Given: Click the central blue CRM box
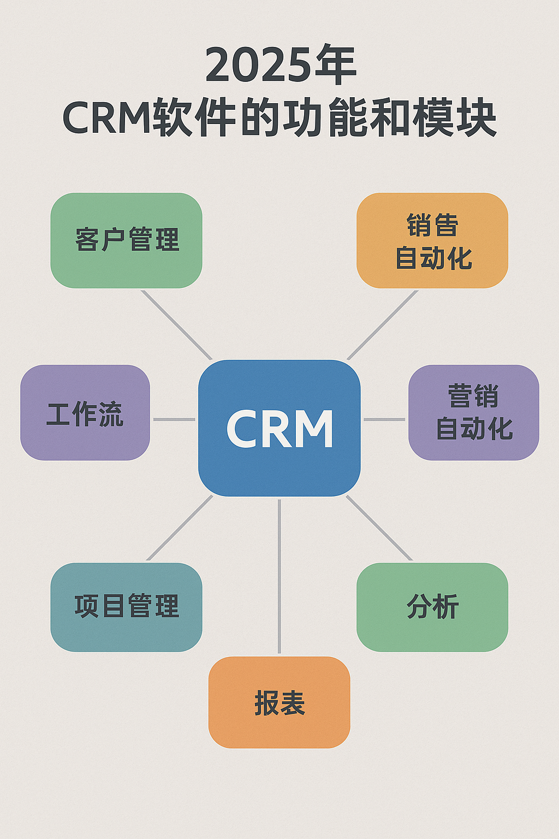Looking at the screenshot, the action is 279,428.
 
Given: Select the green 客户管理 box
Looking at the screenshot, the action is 127,240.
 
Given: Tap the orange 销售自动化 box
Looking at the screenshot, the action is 432,240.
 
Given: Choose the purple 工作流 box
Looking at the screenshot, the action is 85,412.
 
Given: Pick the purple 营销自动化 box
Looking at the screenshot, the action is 474,412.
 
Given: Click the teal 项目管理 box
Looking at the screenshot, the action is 127,607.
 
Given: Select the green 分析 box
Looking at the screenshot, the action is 432,607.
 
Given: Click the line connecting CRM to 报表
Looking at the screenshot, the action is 279,576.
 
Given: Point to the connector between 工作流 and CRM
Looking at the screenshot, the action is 174,419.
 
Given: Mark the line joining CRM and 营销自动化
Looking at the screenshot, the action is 384,419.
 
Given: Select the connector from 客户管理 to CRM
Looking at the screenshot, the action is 176,325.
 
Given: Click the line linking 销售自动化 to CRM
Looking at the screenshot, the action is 382,325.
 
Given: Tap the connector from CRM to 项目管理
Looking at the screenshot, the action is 180,528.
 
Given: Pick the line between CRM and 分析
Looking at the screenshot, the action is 379,528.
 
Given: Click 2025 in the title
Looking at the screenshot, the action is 258,66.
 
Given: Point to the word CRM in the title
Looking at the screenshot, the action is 108,116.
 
